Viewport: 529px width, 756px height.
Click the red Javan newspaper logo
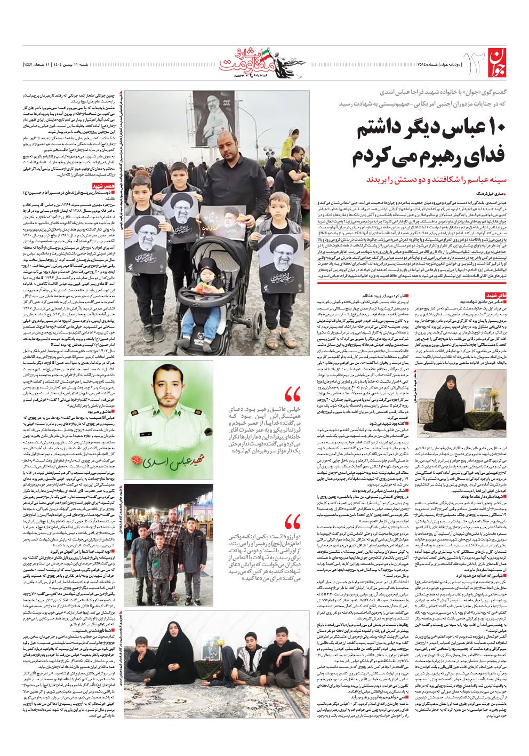pyautogui.click(x=500, y=63)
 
